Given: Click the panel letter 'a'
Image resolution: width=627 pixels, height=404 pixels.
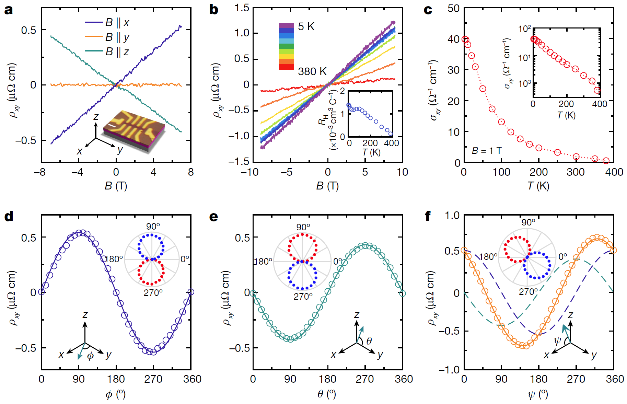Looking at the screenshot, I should (x=9, y=10).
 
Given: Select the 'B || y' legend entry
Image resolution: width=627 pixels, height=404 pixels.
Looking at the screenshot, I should (x=117, y=37).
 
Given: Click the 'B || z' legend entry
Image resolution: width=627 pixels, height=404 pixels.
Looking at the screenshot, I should (x=117, y=51).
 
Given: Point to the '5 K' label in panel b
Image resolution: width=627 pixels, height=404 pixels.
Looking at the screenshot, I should (x=306, y=26).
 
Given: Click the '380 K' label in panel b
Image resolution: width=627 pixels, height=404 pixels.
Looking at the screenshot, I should (x=312, y=71).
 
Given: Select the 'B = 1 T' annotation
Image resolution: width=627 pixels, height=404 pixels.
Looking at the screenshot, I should (x=487, y=150).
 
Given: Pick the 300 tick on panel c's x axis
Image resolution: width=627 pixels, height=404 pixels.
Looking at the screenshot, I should (x=576, y=172).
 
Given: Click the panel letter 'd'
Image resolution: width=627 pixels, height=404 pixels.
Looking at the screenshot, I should (x=9, y=217).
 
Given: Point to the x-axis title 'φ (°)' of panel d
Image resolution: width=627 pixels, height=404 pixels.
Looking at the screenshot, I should (x=116, y=394).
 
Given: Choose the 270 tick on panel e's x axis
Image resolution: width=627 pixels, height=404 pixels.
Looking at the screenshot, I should (x=365, y=379).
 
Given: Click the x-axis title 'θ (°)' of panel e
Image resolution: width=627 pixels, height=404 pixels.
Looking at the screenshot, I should (x=327, y=394).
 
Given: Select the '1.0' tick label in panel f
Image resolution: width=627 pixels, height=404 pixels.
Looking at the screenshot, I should (x=452, y=215).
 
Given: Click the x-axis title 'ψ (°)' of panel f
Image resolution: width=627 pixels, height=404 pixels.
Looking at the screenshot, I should (x=538, y=394).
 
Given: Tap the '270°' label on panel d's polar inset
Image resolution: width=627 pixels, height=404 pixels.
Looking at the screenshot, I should (x=153, y=292).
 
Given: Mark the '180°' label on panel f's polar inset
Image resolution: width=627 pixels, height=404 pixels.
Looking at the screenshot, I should (x=488, y=256).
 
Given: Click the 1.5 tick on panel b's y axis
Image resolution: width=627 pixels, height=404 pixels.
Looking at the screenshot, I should (x=242, y=8).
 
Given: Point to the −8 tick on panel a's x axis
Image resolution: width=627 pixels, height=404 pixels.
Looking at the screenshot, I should (x=40, y=172).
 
